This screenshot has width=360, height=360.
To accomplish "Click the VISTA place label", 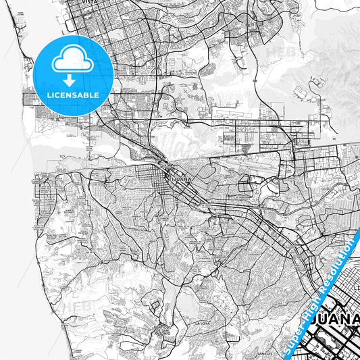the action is point(89,3).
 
